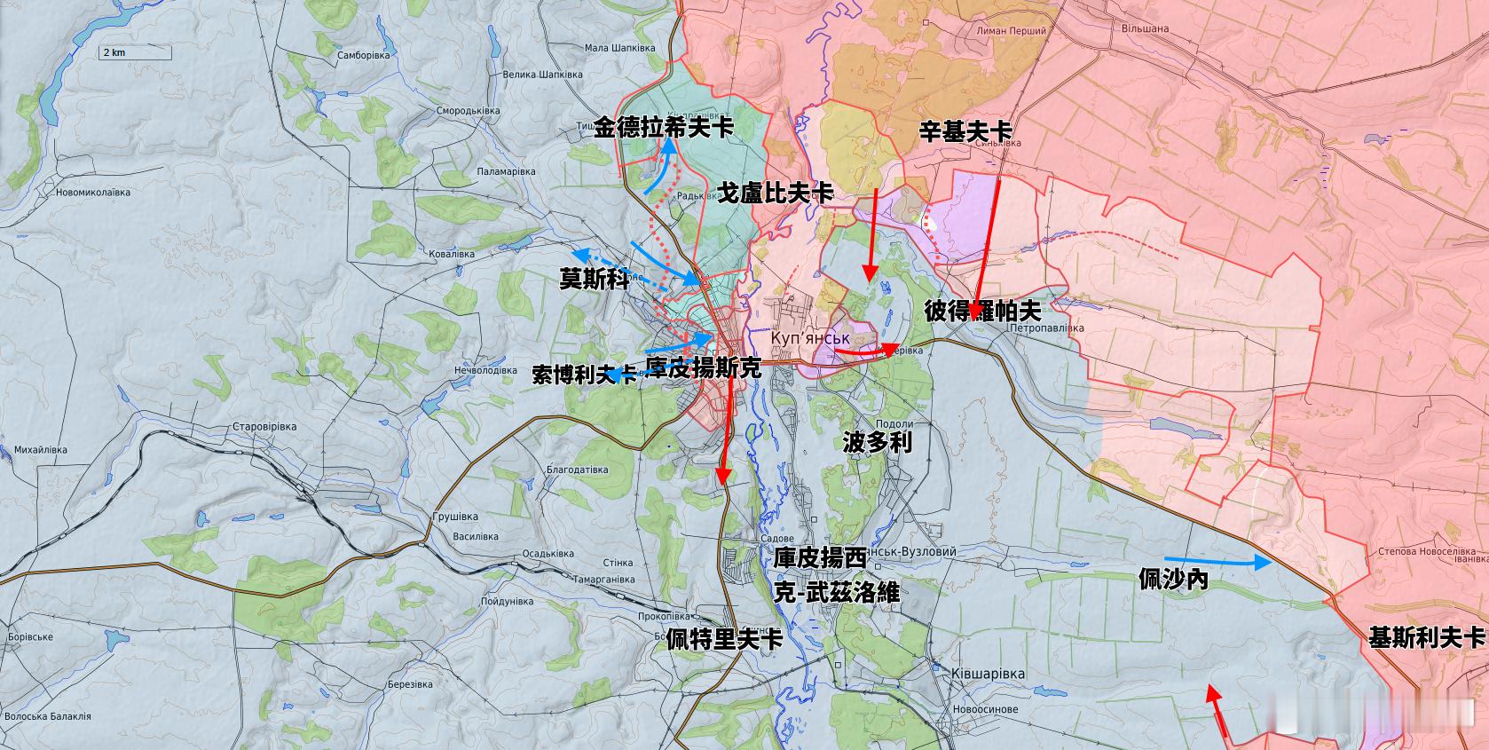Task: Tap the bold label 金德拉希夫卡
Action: (664, 128)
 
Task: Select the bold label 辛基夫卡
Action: (965, 132)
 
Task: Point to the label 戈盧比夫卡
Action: (775, 193)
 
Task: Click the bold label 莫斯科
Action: (594, 280)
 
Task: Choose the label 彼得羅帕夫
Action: (982, 311)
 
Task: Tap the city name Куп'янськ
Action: (809, 339)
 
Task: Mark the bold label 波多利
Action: (877, 442)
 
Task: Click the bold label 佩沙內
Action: (1173, 580)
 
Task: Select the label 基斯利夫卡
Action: (1426, 637)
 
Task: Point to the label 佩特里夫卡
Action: (724, 638)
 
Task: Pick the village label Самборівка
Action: (363, 55)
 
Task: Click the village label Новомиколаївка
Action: (92, 193)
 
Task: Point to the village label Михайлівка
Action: (40, 450)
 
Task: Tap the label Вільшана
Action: (1143, 28)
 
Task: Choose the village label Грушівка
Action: (454, 517)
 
